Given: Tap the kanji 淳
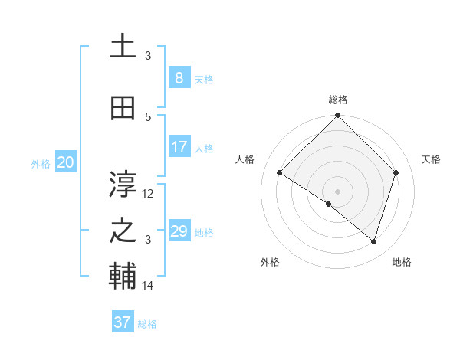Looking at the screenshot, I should click(122, 185).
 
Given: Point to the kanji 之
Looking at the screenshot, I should click(122, 231).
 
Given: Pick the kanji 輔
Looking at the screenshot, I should click(122, 277).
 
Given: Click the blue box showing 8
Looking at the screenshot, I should click(179, 78).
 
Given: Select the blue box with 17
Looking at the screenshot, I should click(179, 147).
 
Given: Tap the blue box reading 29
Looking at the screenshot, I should click(179, 231).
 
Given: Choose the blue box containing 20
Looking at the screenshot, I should click(65, 162).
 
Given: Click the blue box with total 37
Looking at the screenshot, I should click(122, 322).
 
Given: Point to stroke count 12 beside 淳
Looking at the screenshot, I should click(149, 194).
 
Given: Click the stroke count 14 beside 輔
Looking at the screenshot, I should click(149, 286).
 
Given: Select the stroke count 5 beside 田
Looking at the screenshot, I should click(149, 117).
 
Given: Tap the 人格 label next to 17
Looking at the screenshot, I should click(204, 148).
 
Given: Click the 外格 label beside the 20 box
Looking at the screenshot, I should click(41, 163).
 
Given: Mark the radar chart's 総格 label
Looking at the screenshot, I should click(338, 100).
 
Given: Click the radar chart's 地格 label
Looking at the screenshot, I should click(402, 262).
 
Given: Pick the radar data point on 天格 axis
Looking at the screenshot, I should click(396, 172).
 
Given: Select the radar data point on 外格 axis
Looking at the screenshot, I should click(329, 205).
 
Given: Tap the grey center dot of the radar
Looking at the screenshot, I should click(338, 191).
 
